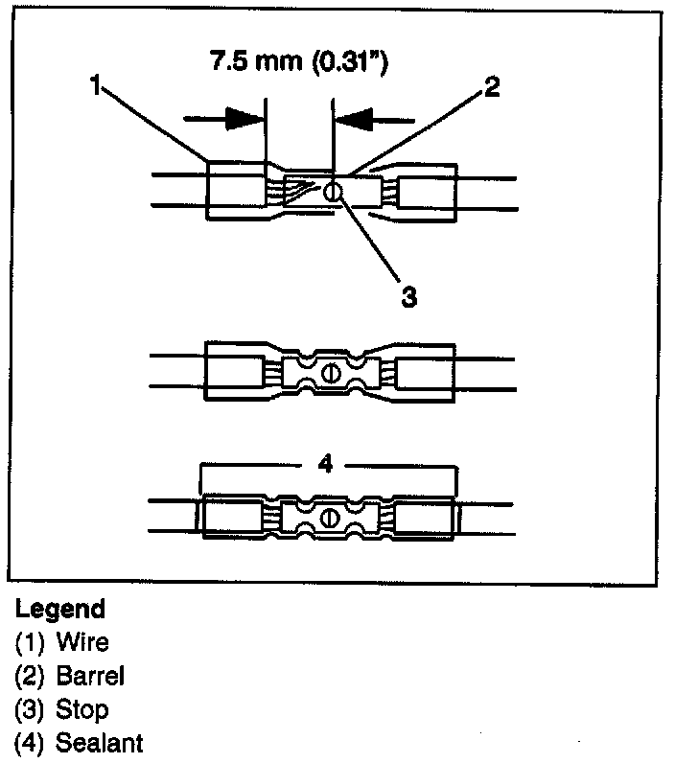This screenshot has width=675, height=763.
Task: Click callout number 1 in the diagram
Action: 95,87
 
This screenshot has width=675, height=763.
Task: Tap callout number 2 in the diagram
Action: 490,87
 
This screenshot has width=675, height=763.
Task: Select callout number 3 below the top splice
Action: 408,296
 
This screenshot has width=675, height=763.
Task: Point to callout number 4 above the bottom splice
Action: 325,465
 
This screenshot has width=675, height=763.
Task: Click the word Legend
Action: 60,610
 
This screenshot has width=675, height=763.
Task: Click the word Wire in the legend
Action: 82,642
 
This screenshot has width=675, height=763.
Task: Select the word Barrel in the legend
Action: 91,676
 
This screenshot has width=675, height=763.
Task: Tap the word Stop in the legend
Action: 82,709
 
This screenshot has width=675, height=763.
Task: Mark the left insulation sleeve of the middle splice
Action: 232,373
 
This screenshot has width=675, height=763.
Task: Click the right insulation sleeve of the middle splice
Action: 427,373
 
